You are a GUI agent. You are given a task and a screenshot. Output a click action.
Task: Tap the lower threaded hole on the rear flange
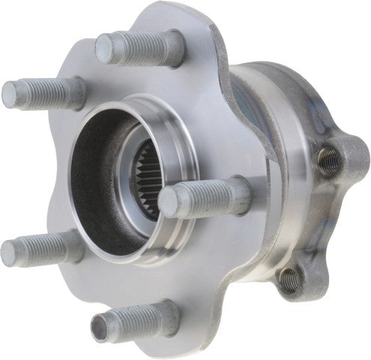289,280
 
